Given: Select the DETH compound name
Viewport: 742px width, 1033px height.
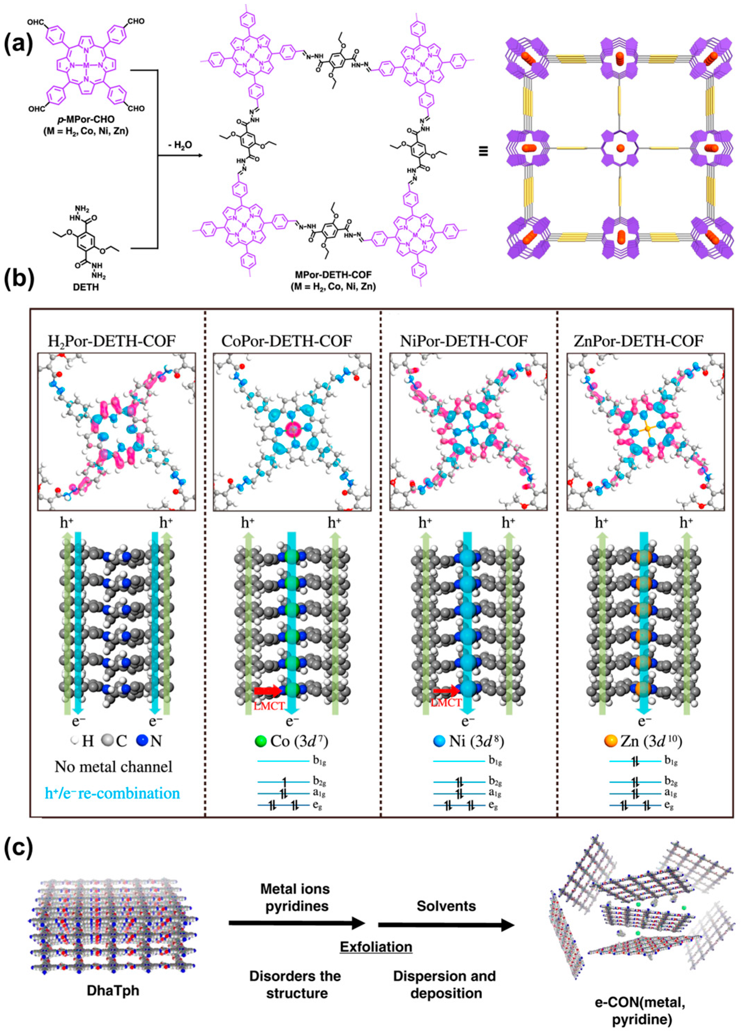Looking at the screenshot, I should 86,287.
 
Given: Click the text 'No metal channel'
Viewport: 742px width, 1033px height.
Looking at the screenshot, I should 113,767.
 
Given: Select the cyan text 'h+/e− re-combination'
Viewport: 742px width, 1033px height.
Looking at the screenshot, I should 113,793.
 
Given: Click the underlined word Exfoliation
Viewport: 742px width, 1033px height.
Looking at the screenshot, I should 376,947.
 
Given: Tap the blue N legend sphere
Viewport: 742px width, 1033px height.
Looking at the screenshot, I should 143,741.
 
